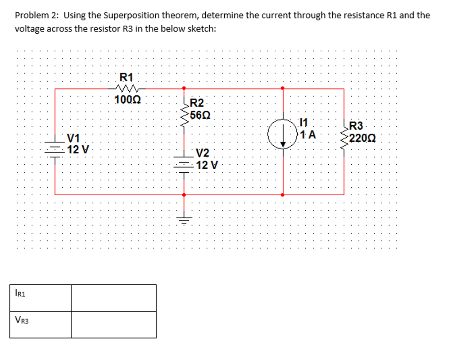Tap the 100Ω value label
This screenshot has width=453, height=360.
[x=127, y=99]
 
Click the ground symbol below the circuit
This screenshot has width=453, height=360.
[x=184, y=219]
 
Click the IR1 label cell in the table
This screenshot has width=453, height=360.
[x=40, y=298]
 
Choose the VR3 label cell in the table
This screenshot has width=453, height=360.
[x=40, y=325]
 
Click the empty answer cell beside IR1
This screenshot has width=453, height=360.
[x=114, y=298]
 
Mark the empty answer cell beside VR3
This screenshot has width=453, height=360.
[x=114, y=325]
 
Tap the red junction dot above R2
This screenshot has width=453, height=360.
[x=184, y=88]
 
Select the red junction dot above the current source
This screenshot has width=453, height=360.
[x=283, y=88]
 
